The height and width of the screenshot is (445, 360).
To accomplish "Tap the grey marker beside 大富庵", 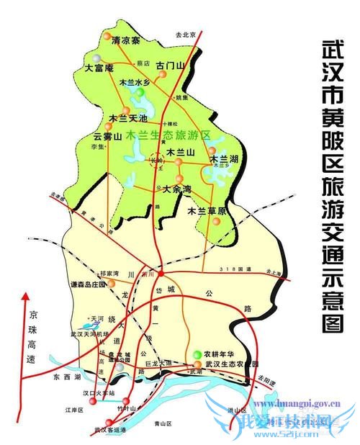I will (96, 57).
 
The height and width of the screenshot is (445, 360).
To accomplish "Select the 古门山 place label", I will (171, 66).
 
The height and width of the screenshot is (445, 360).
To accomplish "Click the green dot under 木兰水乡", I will (138, 93).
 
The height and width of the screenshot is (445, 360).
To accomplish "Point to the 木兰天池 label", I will (127, 117).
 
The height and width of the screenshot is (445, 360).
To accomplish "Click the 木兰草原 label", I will (207, 211).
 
